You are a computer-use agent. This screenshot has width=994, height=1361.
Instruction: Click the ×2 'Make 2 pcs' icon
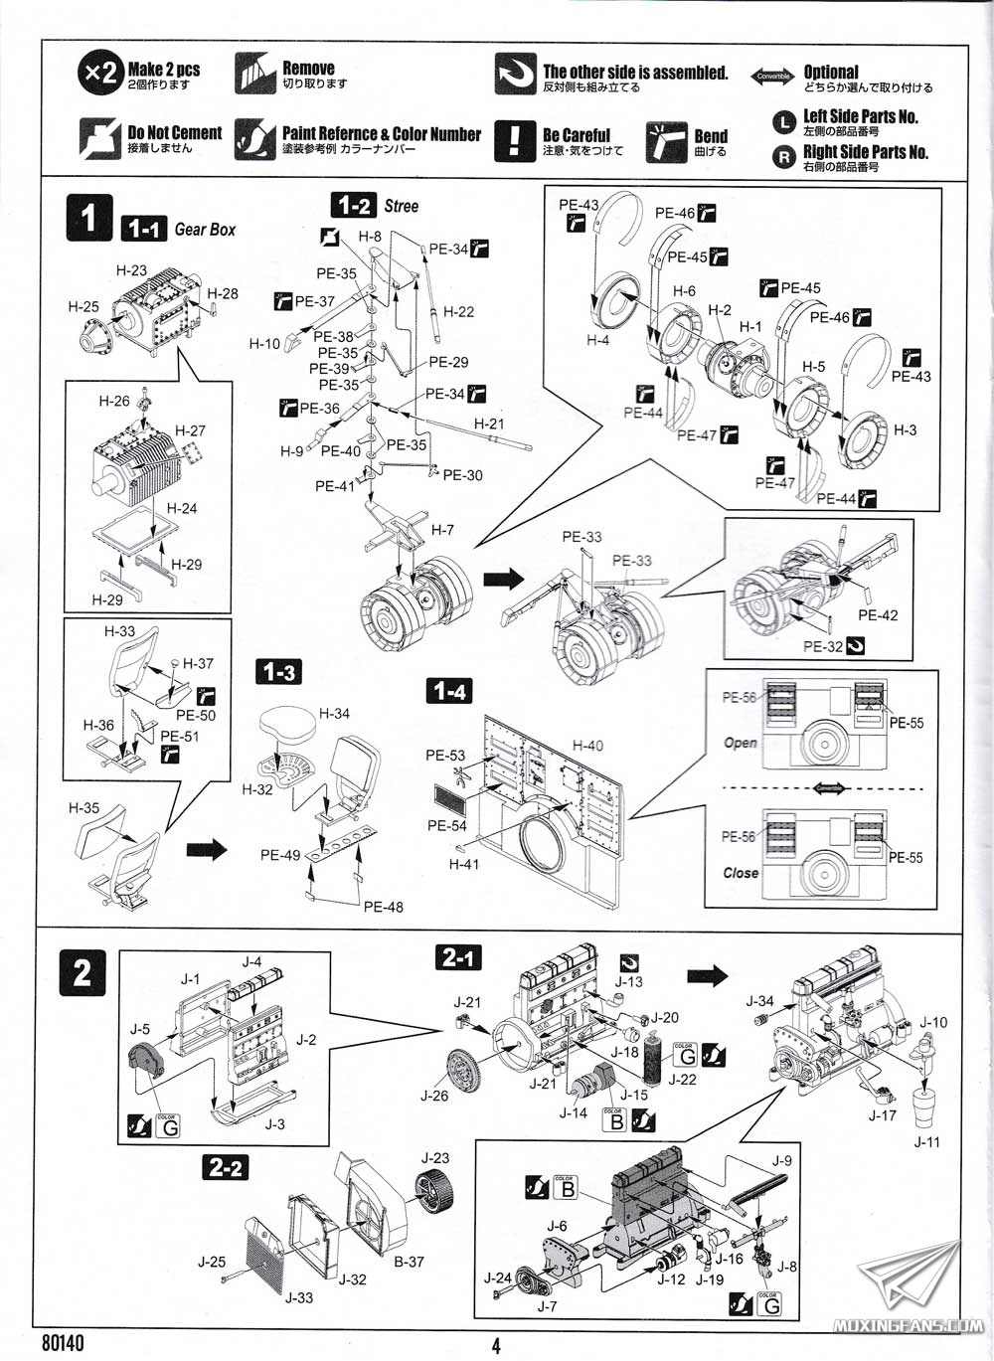(x=99, y=74)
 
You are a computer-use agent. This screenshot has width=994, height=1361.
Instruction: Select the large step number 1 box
(x=88, y=219)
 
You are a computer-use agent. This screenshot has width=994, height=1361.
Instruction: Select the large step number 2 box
(x=83, y=972)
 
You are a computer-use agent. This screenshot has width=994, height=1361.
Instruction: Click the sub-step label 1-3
(x=278, y=673)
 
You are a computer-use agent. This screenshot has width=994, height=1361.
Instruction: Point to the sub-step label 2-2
(x=226, y=1167)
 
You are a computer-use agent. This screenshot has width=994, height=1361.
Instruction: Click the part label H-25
(x=83, y=307)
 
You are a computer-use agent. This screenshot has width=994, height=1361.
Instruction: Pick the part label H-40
(x=587, y=746)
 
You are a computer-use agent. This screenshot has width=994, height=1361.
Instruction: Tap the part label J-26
(x=434, y=1096)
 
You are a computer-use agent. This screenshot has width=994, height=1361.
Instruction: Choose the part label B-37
(x=408, y=1262)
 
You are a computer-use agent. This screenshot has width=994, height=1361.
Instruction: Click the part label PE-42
(x=878, y=615)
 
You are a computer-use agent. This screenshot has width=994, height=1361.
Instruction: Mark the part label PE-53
(x=445, y=756)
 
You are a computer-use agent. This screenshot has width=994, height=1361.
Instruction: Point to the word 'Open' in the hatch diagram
(x=741, y=743)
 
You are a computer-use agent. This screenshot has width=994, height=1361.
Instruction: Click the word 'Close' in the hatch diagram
(x=741, y=873)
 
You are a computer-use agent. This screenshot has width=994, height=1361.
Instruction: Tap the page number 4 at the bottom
(x=496, y=1346)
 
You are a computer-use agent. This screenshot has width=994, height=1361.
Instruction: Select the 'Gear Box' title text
(x=205, y=230)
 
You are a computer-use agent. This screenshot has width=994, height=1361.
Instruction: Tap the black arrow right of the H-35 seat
(x=207, y=849)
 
